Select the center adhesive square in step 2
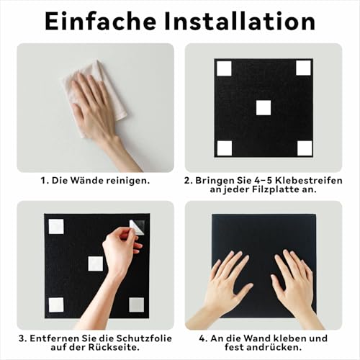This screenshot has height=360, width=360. [264, 107]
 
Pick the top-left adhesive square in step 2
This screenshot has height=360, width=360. [224, 68]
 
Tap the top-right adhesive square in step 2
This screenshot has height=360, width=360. [303, 68]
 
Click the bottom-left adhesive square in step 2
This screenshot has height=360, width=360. [224, 148]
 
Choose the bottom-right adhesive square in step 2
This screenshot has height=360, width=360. [304, 148]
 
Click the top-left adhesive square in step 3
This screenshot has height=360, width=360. [56, 226]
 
